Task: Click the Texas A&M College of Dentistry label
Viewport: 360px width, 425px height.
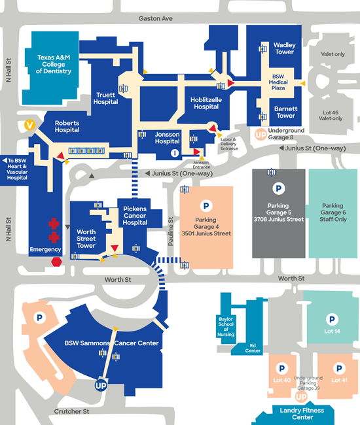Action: click(54, 64)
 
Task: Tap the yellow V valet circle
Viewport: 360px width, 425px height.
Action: click(29, 125)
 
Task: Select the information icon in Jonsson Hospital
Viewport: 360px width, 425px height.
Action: click(175, 153)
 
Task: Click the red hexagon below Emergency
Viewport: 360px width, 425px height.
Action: click(56, 262)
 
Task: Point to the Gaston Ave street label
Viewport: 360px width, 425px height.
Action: click(155, 18)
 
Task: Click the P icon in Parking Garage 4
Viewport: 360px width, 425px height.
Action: click(206, 206)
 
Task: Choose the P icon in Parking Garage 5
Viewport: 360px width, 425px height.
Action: click(278, 188)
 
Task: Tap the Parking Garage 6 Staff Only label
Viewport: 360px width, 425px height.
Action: click(333, 212)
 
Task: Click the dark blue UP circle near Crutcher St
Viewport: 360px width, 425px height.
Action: click(101, 385)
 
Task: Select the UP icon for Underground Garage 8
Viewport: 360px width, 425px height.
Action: click(261, 135)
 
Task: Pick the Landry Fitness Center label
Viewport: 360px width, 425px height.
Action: click(302, 414)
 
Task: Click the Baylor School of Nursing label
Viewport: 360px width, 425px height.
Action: click(226, 327)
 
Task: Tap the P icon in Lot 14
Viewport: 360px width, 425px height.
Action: click(332, 320)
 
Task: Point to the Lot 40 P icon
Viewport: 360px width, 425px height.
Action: click(282, 368)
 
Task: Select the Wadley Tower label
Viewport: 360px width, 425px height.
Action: click(284, 48)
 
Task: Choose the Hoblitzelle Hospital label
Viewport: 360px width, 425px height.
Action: click(206, 103)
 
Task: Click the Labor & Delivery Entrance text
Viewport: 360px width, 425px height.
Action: click(229, 144)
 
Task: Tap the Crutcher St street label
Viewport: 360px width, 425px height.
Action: click(71, 411)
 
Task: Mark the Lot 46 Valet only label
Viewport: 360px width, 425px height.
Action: click(331, 116)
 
